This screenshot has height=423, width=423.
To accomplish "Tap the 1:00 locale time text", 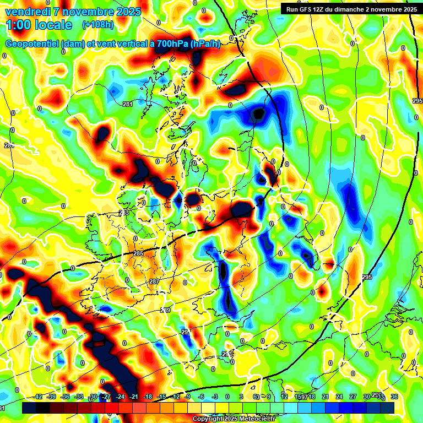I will point(39,25).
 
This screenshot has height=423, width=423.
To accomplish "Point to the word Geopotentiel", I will point(32,44).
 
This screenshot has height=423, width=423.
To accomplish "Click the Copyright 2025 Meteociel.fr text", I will point(234,419).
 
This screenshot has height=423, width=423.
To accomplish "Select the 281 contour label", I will point(128,104).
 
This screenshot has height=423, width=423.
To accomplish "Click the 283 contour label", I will point(124,213).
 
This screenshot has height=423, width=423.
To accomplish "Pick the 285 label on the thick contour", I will point(138,253).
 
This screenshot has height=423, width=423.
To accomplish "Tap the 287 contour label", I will point(154,281).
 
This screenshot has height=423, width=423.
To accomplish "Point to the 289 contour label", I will point(165,311).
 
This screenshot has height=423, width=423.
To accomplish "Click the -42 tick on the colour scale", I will point(38,397).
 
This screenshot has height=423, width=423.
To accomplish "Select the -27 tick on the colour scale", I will point(107,397).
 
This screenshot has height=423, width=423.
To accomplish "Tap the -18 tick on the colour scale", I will point(148,397).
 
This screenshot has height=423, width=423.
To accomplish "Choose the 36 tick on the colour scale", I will point(394,397).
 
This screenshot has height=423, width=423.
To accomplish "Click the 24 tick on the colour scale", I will point(339,397).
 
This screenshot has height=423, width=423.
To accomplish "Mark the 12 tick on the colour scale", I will point(284,397).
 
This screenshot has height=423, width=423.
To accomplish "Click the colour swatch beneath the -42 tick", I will point(29,408).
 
